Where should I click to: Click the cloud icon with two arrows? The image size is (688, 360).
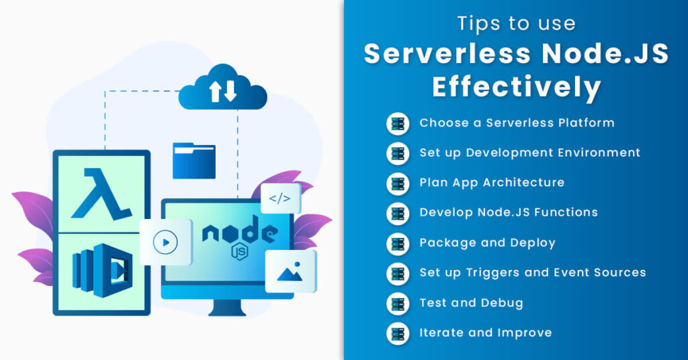pyautogui.click(x=223, y=88)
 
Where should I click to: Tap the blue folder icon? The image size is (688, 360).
pyautogui.click(x=194, y=161)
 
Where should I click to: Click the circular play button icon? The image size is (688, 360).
pyautogui.click(x=165, y=242)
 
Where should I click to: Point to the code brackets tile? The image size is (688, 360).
pyautogui.click(x=281, y=199)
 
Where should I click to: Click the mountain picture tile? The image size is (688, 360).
pyautogui.click(x=290, y=271)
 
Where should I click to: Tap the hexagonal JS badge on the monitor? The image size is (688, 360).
pyautogui.click(x=240, y=252)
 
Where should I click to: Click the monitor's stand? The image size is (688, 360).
pyautogui.click(x=227, y=308)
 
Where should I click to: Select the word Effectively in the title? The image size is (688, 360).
pyautogui.click(x=517, y=87)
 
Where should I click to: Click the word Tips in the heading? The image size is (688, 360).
pyautogui.click(x=476, y=24)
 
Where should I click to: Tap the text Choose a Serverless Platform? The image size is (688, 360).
pyautogui.click(x=517, y=123)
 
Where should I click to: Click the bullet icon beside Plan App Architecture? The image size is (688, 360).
pyautogui.click(x=398, y=183)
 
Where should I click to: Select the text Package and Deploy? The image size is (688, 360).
pyautogui.click(x=488, y=243)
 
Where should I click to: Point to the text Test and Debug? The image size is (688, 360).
pyautogui.click(x=471, y=303)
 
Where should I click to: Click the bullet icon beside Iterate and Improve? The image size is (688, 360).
pyautogui.click(x=398, y=333)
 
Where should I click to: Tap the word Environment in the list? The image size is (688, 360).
pyautogui.click(x=599, y=152)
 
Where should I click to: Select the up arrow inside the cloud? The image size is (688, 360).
pyautogui.click(x=215, y=91)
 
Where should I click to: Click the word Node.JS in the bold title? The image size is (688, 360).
pyautogui.click(x=605, y=54)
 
